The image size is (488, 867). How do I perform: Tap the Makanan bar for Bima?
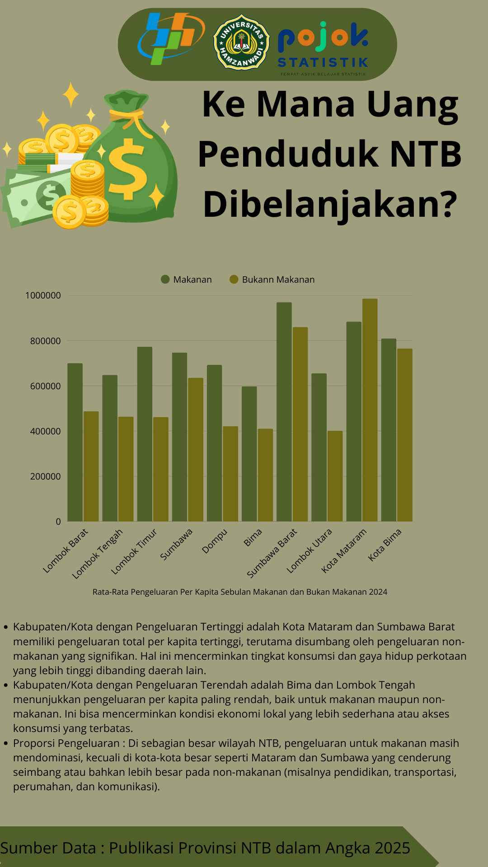pyautogui.click(x=249, y=454)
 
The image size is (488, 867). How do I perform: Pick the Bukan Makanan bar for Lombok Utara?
pyautogui.click(x=335, y=476)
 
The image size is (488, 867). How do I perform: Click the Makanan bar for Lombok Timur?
pyautogui.click(x=145, y=434)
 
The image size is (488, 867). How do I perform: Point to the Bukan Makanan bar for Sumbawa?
pyautogui.click(x=196, y=450)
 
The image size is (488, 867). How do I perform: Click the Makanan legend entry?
pyautogui.click(x=186, y=280)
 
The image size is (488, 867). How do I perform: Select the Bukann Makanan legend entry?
pyautogui.click(x=272, y=280)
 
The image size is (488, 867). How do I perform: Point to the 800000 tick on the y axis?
pyautogui.click(x=45, y=341)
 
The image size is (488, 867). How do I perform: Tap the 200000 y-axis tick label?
pyautogui.click(x=45, y=476)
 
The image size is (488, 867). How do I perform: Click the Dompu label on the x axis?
pyautogui.click(x=214, y=541)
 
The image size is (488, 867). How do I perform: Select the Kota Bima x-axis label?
pyautogui.click(x=385, y=545)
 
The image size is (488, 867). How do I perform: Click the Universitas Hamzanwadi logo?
pyautogui.click(x=241, y=43)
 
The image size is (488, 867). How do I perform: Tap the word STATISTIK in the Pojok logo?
pyautogui.click(x=323, y=62)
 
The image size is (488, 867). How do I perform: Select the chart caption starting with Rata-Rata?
pyautogui.click(x=240, y=592)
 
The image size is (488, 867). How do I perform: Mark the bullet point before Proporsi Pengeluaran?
pyautogui.click(x=6, y=743)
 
